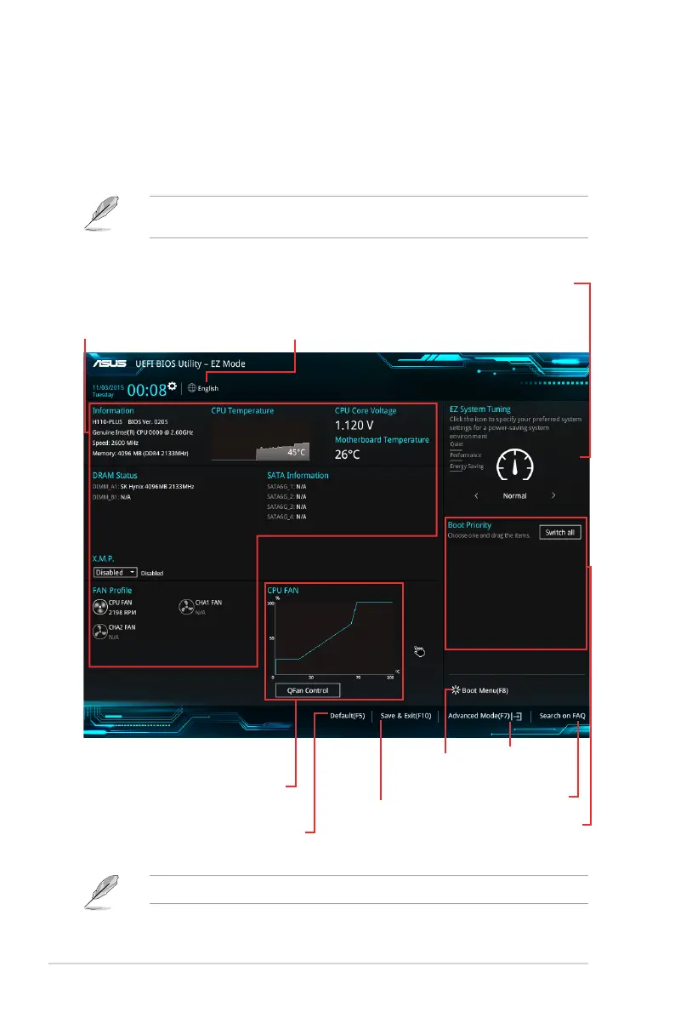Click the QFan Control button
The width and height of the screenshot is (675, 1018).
[308, 690]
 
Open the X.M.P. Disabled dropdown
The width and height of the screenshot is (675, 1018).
[115, 573]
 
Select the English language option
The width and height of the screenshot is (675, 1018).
[203, 388]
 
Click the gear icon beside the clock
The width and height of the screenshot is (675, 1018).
[173, 387]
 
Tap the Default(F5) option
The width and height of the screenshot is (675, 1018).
[347, 716]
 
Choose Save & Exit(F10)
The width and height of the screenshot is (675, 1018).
[406, 716]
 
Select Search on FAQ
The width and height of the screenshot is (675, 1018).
[562, 716]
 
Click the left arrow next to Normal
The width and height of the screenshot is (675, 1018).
[476, 495]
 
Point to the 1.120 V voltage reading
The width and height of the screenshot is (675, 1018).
[355, 425]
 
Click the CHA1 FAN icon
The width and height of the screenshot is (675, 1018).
[185, 607]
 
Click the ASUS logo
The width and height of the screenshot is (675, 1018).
[109, 364]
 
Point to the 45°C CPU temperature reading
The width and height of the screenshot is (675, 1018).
[296, 452]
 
